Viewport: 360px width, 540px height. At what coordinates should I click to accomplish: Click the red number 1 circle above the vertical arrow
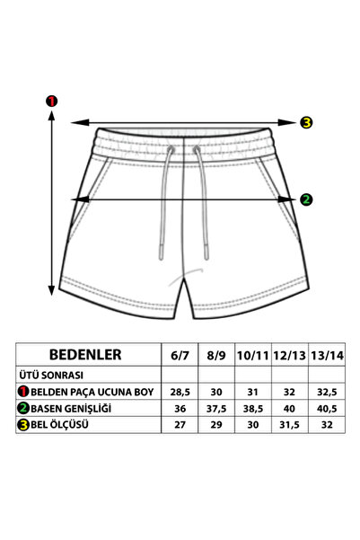pyautogui.click(x=52, y=102)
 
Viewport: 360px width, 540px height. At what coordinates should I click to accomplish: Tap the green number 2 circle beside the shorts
pyautogui.click(x=306, y=199)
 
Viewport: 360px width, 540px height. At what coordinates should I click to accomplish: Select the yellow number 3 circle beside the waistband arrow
pyautogui.click(x=306, y=122)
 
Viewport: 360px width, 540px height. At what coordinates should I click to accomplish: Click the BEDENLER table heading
pyautogui.click(x=85, y=354)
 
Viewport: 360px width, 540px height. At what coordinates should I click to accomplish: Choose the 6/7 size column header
pyautogui.click(x=180, y=356)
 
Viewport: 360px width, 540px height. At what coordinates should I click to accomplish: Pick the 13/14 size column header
pyautogui.click(x=327, y=356)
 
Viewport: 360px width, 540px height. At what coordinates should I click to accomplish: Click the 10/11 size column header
pyautogui.click(x=252, y=356)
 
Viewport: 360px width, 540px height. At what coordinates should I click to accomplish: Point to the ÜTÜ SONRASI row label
pyautogui.click(x=51, y=375)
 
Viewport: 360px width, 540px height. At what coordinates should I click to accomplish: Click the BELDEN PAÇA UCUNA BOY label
pyautogui.click(x=92, y=392)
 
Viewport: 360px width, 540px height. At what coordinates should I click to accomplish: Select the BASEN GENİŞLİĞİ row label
pyautogui.click(x=71, y=409)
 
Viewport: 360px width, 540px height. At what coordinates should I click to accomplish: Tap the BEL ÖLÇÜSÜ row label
pyautogui.click(x=59, y=424)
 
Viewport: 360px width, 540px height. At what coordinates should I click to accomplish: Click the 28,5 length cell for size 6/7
pyautogui.click(x=180, y=392)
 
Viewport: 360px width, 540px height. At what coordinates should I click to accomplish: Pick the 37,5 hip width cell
pyautogui.click(x=216, y=409)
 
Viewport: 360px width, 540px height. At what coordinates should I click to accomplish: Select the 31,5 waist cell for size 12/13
pyautogui.click(x=289, y=425)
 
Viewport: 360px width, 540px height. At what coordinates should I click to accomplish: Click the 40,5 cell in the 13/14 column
pyautogui.click(x=327, y=409)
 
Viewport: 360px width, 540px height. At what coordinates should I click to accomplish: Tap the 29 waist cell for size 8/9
pyautogui.click(x=216, y=425)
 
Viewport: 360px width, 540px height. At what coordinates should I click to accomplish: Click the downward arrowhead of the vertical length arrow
pyautogui.click(x=52, y=290)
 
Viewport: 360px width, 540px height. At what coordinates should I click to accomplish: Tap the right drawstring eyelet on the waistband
pyautogui.click(x=197, y=149)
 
